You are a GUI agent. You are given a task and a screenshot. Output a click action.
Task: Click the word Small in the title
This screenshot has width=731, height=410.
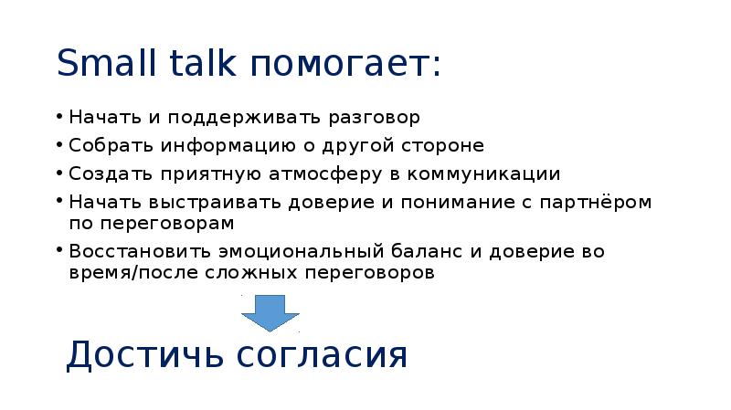pos(104,63)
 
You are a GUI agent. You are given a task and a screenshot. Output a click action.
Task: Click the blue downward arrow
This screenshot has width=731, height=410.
pos(270,312)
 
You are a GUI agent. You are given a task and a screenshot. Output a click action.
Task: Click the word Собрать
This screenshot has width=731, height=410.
pos(108,146)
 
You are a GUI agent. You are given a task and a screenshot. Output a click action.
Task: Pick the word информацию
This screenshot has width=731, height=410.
pos(228,146)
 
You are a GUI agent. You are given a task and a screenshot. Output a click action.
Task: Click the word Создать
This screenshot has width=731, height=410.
pos(109,173)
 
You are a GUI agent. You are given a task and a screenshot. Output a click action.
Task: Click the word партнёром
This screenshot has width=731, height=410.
pos(599,202)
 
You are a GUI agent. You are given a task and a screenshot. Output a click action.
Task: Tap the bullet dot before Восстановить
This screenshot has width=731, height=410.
pos(59,250)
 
